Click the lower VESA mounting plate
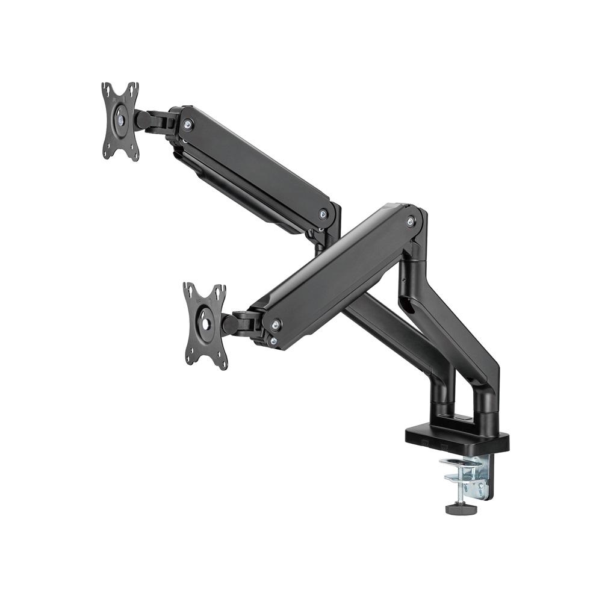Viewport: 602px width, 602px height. click(205, 325)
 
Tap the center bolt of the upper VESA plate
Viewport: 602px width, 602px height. click(121, 119)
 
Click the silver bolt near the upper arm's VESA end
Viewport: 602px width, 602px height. click(188, 125)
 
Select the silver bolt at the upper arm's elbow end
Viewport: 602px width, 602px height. click(323, 214)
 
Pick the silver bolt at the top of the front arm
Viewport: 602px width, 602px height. click(411, 222)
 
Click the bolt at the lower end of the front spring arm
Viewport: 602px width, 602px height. click(276, 325)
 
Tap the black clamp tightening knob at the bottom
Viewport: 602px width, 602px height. click(461, 509)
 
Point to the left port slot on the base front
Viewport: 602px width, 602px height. click(426, 444)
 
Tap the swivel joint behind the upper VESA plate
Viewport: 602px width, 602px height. click(154, 120)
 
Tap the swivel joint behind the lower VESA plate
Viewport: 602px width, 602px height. click(241, 324)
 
